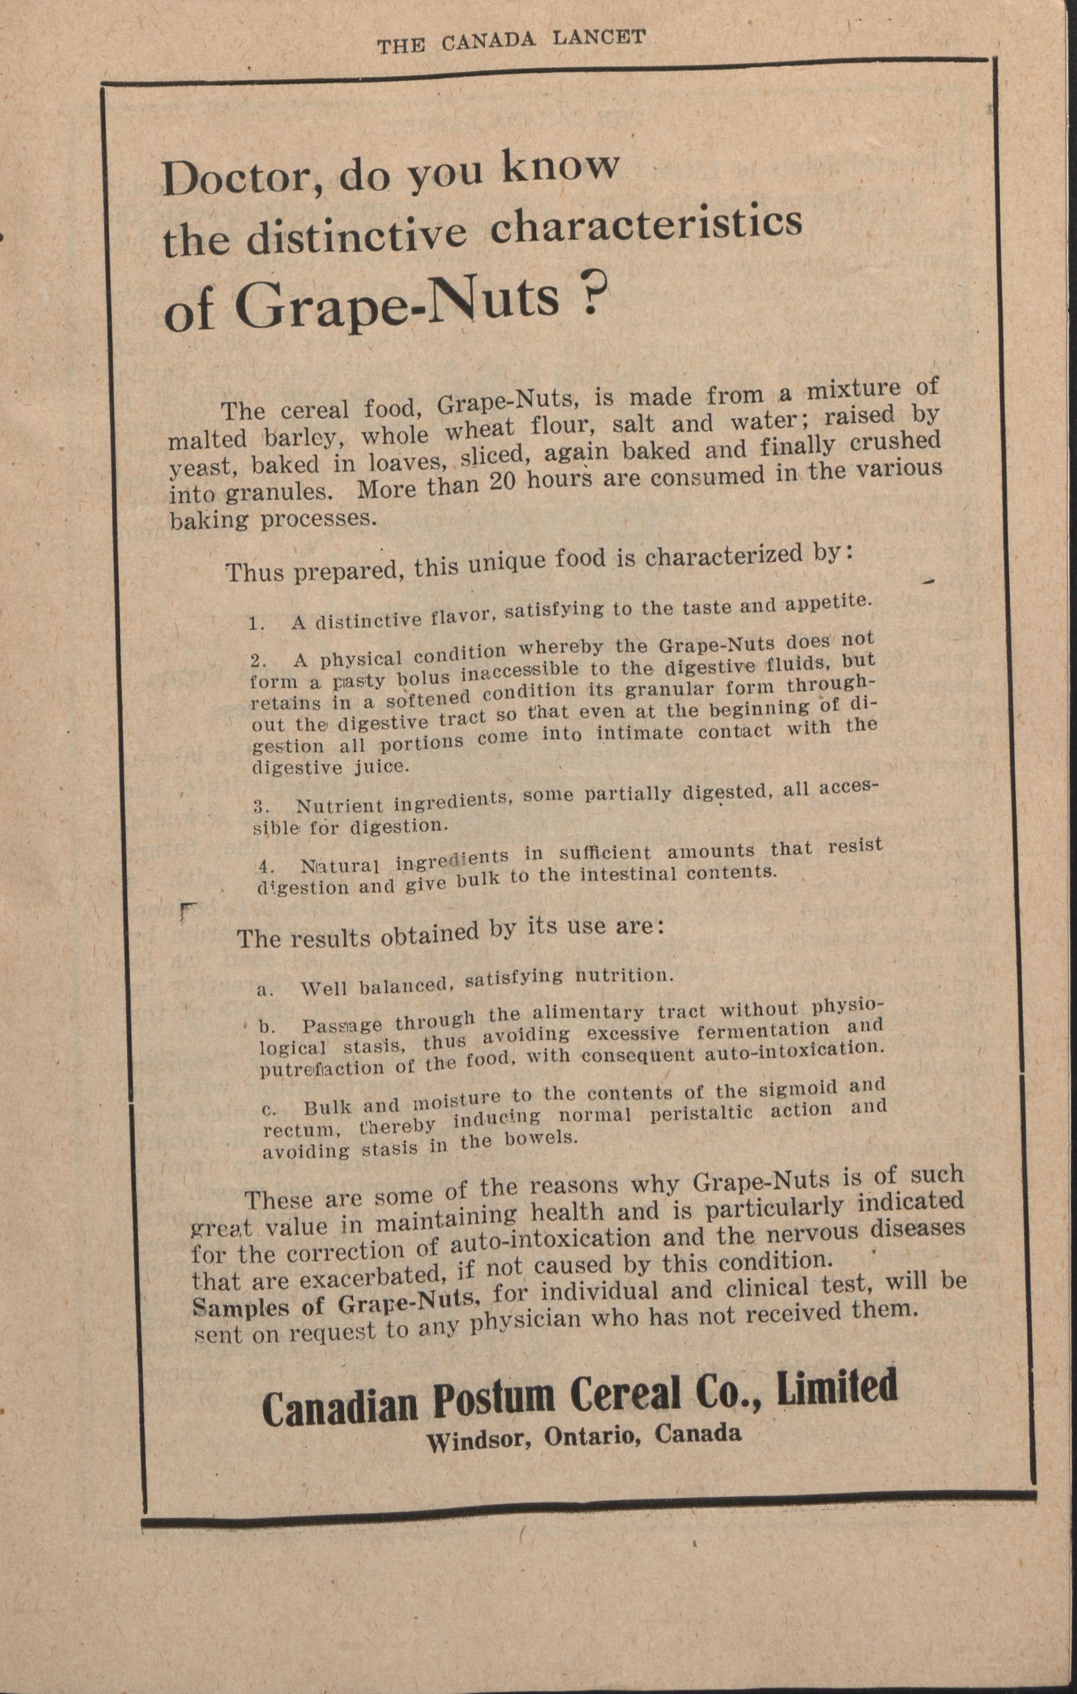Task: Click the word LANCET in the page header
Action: click(x=599, y=38)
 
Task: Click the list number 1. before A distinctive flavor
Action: click(x=257, y=624)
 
